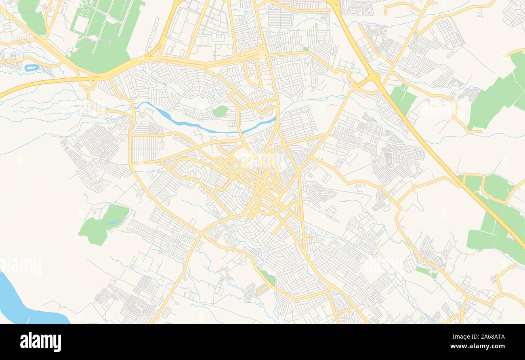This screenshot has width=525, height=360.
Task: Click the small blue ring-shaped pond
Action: pyautogui.click(x=31, y=68)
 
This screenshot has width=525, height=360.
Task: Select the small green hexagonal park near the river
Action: pyautogui.click(x=220, y=111)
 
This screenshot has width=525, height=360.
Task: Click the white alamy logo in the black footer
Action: pyautogui.click(x=41, y=341)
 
